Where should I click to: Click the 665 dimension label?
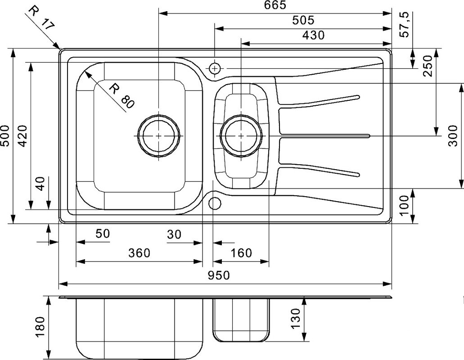[x=275, y=5]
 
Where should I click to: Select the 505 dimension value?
[x=303, y=20]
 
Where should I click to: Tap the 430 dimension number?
[x=313, y=35]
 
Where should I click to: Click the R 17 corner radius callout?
[x=42, y=18]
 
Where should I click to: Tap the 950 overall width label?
[x=218, y=275]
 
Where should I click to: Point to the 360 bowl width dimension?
[x=140, y=253]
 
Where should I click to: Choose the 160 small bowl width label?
[x=241, y=253]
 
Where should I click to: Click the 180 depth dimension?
[x=40, y=327]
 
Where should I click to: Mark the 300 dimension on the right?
[x=453, y=136]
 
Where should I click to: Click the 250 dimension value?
[x=428, y=66]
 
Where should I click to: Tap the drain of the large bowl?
[x=159, y=136]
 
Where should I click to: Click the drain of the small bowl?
[x=242, y=136]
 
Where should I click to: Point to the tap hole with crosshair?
[x=215, y=69]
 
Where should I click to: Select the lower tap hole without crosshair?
[x=215, y=203]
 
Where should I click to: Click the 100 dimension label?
[x=405, y=206]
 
